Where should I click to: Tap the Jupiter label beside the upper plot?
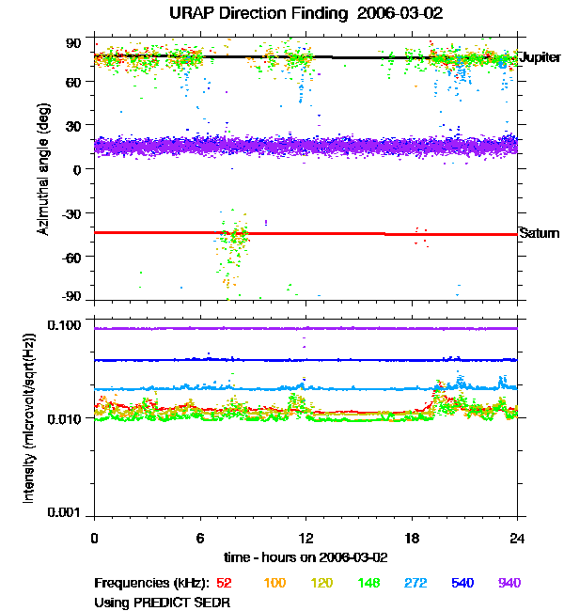[540, 57]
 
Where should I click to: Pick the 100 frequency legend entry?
[274, 583]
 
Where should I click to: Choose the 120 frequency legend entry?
[321, 583]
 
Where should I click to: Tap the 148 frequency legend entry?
[368, 583]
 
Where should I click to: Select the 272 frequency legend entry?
[415, 583]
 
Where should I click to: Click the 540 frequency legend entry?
[462, 583]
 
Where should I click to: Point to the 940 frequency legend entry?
[509, 583]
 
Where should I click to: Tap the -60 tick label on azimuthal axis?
[71, 256]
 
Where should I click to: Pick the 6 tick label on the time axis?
[200, 537]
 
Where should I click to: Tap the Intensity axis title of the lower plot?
[29, 419]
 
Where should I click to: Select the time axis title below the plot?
[305, 557]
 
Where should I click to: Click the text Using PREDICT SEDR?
[163, 602]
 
